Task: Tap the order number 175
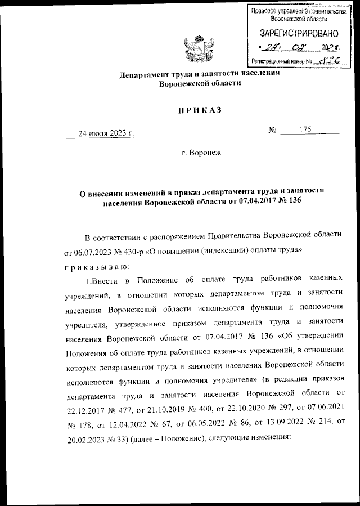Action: tap(306, 130)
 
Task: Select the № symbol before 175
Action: tap(274, 131)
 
